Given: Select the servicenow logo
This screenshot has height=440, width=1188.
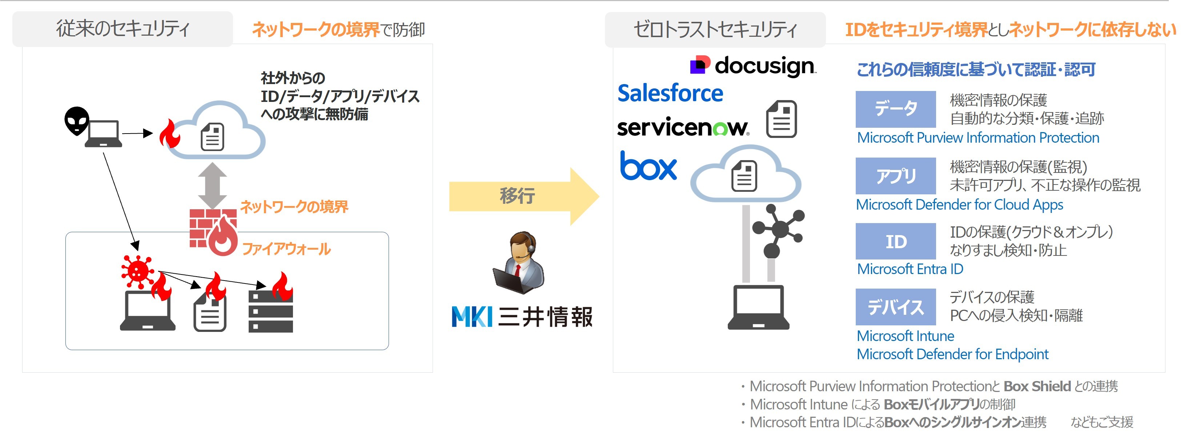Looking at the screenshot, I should tap(683, 127).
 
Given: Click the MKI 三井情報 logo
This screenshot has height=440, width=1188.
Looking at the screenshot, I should tap(522, 317).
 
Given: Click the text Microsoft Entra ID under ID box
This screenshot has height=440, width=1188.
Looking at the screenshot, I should tap(910, 269).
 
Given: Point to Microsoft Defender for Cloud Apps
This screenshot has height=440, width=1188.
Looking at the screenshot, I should tap(959, 205).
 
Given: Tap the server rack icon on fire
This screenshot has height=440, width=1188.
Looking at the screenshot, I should tap(271, 311).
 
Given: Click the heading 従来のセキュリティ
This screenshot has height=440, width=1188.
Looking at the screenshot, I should tap(123, 29).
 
